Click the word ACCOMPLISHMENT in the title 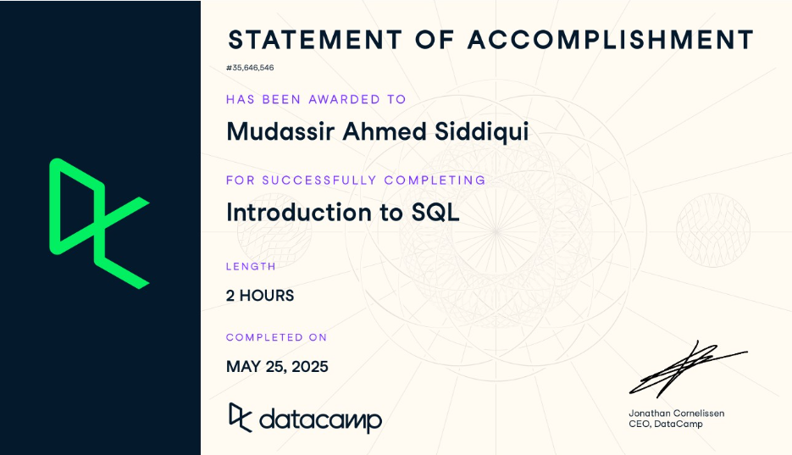[611, 40]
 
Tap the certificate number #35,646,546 [250, 68]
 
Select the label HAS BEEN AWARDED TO [316, 99]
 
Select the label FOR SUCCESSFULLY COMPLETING [356, 180]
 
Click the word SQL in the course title [435, 212]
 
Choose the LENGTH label [251, 266]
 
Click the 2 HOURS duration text [260, 296]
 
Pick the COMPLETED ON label [276, 337]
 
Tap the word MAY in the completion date [242, 367]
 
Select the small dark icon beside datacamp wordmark [241, 416]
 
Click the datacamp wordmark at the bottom [320, 419]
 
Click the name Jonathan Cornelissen [676, 413]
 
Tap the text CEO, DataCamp [665, 424]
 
